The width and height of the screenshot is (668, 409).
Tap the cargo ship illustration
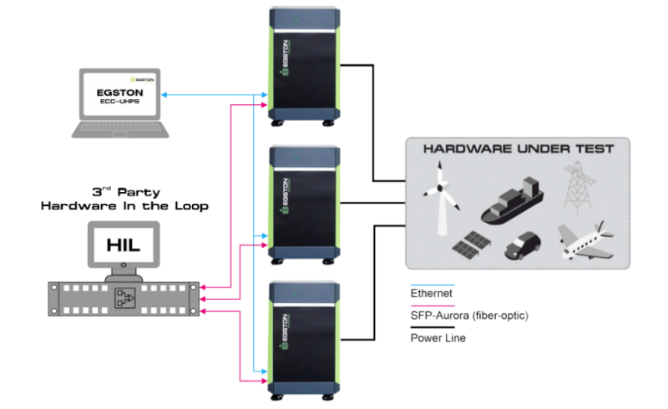point(513,201)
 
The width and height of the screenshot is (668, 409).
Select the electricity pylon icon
point(578,188)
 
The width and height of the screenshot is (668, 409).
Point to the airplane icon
point(586,240)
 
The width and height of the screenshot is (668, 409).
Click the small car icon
point(523,245)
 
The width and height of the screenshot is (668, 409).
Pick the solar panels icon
point(471,245)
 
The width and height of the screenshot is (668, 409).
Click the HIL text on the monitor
point(123,245)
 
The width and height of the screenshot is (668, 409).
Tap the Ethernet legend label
point(431,293)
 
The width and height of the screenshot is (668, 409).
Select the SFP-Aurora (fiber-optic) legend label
point(469,316)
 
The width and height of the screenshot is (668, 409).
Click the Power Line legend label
point(438,338)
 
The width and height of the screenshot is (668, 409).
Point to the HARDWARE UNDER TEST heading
point(519,149)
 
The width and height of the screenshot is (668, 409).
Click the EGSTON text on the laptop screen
point(119,93)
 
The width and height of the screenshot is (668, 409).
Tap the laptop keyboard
point(119,129)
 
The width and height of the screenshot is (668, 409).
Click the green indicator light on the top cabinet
point(296,20)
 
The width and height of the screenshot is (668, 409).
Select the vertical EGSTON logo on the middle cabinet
point(285,196)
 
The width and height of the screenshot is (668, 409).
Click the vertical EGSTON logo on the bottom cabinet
point(285,332)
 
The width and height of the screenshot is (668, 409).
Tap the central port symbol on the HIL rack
point(125,298)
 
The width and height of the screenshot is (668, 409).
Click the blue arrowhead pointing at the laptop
point(164,94)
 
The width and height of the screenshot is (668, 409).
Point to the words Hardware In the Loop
point(124,206)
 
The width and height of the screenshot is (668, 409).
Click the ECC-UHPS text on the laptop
point(119,101)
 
